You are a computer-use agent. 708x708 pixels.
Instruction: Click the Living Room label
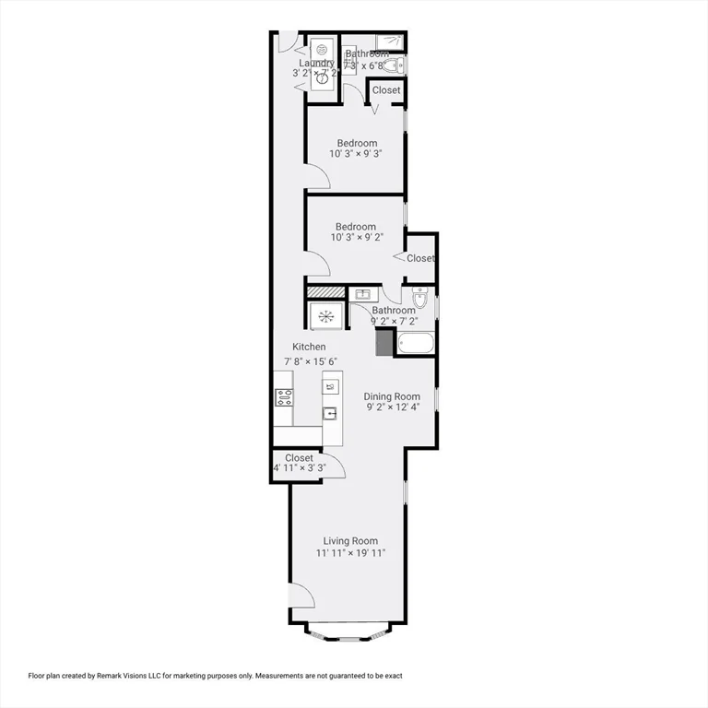[x=350, y=541]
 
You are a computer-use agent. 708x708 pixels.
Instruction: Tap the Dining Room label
[x=392, y=396]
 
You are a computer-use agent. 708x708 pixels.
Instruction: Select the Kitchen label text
[x=304, y=347]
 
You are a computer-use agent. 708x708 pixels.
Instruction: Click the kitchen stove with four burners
[x=284, y=398]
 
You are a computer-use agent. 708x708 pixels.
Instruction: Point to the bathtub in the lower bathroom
[x=415, y=343]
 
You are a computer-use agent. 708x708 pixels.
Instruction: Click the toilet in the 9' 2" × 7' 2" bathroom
[x=419, y=299]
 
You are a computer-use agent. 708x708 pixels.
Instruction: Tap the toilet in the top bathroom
[x=392, y=66]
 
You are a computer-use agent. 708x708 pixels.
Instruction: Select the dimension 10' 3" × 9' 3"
[x=356, y=155]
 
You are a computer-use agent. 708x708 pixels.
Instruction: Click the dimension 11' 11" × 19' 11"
[x=350, y=553]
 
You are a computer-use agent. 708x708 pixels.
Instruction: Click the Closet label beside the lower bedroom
[x=420, y=258]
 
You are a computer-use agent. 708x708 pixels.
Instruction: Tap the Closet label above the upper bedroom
[x=386, y=90]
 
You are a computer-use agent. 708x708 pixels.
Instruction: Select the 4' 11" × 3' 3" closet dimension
[x=300, y=468]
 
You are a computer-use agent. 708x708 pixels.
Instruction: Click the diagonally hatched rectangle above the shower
[x=324, y=292]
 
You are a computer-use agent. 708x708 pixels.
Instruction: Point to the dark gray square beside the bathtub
[x=384, y=342]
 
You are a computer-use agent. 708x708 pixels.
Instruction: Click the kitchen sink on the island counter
[x=330, y=413]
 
